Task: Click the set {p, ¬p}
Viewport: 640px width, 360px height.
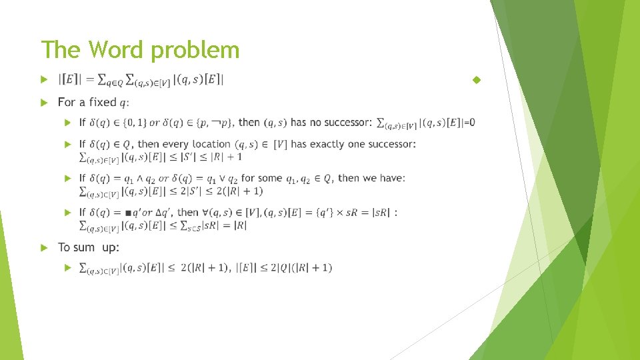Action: tap(212, 123)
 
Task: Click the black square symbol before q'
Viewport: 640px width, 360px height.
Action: tap(128, 213)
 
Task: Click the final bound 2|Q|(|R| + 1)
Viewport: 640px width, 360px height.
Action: tap(297, 268)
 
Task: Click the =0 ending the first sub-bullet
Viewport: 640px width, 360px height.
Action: tap(469, 123)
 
